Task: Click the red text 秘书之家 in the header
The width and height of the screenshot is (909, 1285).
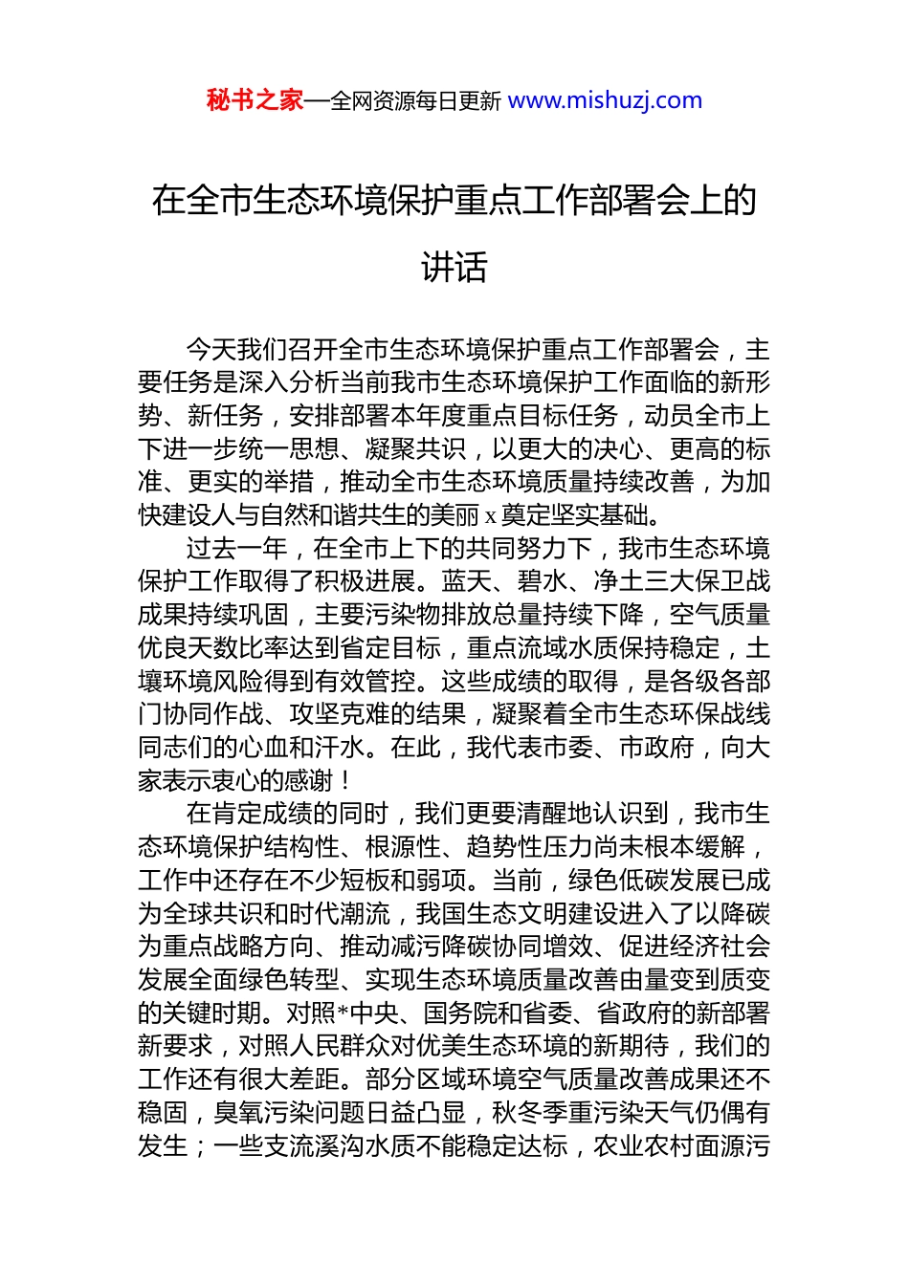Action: (255, 100)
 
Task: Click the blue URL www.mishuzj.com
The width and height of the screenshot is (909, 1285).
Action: (605, 100)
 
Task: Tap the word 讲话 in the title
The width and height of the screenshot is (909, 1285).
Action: (454, 267)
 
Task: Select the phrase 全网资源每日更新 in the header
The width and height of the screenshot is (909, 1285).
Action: (415, 101)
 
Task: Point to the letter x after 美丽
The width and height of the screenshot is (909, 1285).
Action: (491, 516)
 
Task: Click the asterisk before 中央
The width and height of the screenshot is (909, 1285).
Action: (344, 1013)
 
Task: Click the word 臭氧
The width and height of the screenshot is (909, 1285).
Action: (239, 1113)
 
